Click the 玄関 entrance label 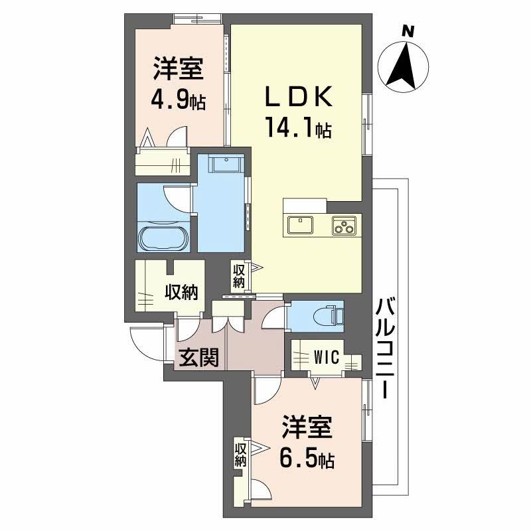(x=198, y=359)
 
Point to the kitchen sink (x=301, y=226)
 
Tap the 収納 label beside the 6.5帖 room (x=240, y=455)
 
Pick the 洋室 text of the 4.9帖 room (x=177, y=70)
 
